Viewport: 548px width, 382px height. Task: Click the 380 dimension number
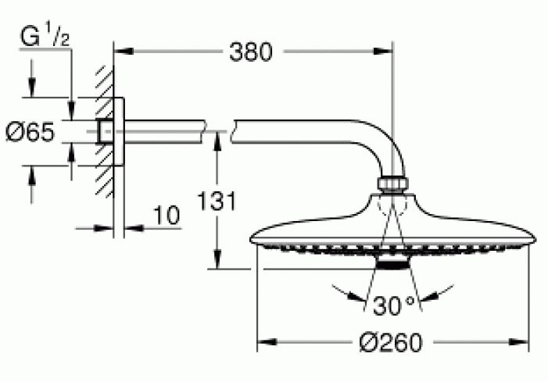pos(250,52)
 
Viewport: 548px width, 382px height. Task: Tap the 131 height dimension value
pos(217,201)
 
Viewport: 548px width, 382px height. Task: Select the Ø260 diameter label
pos(391,342)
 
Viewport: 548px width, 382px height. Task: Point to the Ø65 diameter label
pos(30,132)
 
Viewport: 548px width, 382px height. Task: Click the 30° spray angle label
pos(393,305)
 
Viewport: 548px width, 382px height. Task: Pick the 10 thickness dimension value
pos(167,216)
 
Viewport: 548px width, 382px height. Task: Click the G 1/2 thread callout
pos(45,37)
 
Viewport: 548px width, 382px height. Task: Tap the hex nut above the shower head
pos(393,184)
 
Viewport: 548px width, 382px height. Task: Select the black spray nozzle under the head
pos(392,264)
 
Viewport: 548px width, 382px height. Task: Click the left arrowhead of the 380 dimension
pos(124,52)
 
